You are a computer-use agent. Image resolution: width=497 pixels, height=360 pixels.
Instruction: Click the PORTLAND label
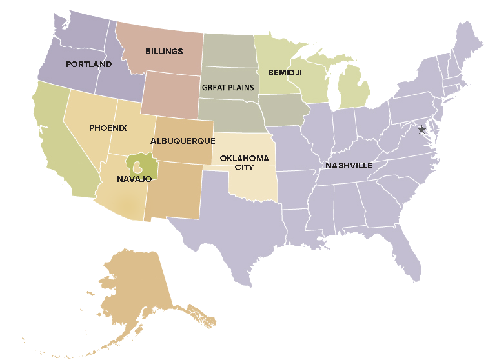(88, 64)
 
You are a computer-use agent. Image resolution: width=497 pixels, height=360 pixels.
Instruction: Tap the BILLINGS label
(164, 51)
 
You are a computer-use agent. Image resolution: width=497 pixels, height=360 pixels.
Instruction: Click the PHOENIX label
(108, 128)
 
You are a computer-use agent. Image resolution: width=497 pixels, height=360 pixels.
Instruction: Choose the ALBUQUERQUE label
(183, 140)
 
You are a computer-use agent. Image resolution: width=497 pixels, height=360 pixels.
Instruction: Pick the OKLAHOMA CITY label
(235, 162)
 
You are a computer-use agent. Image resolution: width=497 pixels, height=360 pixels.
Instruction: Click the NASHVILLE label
(349, 165)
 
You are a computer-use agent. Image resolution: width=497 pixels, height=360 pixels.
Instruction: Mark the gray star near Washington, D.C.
(422, 130)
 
